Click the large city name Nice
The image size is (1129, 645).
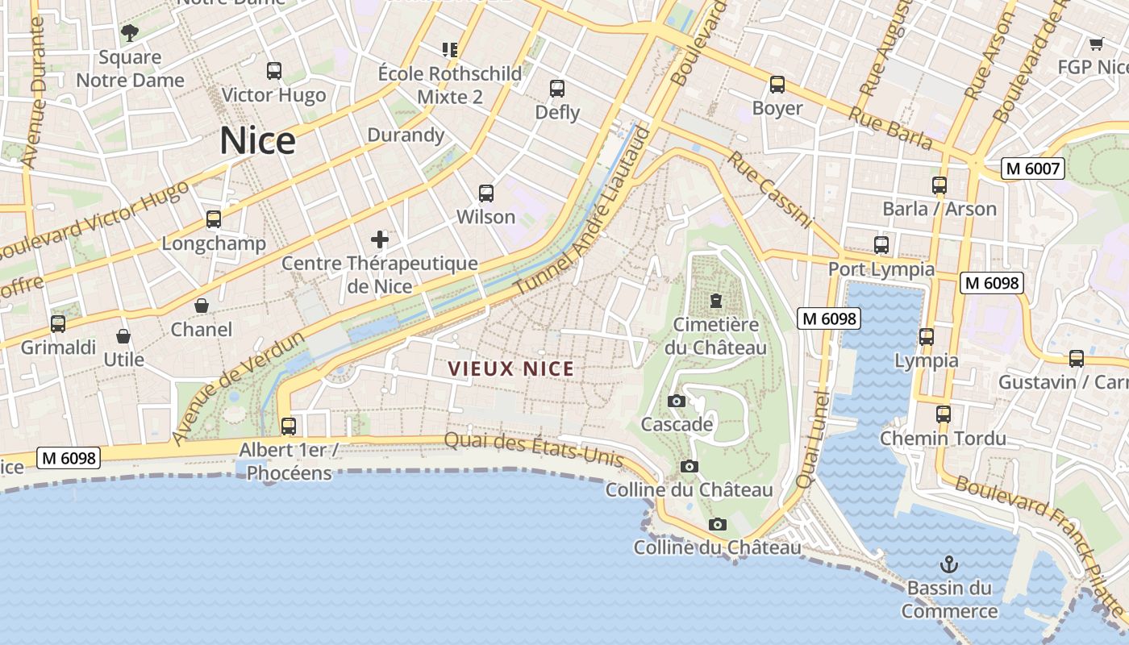[x=257, y=141]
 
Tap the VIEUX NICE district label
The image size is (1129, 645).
[x=510, y=369]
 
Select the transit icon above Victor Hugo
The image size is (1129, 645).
[x=274, y=71]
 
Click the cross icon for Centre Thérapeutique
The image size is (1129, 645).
[x=379, y=239]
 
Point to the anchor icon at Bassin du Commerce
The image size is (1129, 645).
[x=949, y=564]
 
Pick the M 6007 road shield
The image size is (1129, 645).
[x=1032, y=169]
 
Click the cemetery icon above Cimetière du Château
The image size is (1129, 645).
[x=715, y=302]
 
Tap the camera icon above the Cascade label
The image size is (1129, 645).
[x=677, y=401]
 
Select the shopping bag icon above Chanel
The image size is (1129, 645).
[x=202, y=306]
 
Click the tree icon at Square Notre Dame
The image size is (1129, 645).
[x=129, y=33]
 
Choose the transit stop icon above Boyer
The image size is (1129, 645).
[x=777, y=85]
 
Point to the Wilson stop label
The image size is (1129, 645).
[x=485, y=217]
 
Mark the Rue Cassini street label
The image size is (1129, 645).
[x=770, y=189]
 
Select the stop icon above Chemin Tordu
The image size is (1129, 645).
[x=943, y=414]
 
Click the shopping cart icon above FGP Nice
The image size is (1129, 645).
[x=1095, y=44]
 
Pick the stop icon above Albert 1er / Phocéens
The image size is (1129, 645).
[x=288, y=426]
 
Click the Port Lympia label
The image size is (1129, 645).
[x=881, y=269]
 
